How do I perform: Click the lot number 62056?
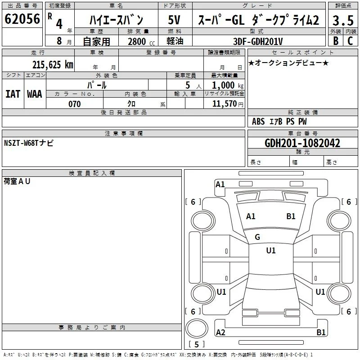click(22, 19)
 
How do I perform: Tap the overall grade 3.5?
click(343, 20)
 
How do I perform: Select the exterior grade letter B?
click(336, 41)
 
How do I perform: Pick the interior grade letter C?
click(350, 41)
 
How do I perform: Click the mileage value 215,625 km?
click(53, 65)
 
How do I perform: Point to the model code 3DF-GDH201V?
click(258, 41)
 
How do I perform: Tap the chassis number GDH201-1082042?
click(302, 143)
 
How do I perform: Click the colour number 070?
click(75, 104)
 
